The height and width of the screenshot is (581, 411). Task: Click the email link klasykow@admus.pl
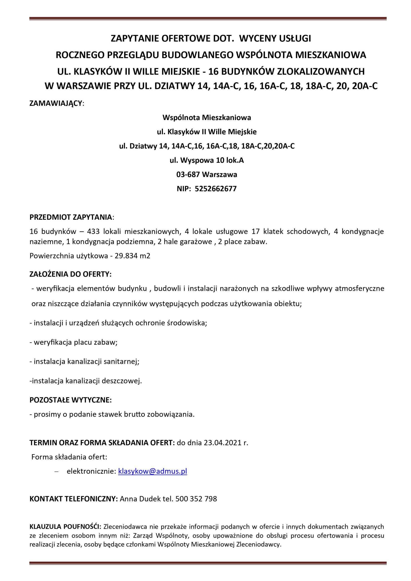152,471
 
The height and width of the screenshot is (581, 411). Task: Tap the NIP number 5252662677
215,189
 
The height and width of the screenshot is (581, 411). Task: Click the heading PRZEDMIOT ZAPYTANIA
71,217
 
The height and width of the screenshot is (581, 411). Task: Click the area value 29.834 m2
132,256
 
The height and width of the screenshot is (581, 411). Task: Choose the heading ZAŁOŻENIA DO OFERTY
70,274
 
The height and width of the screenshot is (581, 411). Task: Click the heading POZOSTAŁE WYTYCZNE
70,400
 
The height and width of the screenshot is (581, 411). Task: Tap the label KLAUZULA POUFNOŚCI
65,527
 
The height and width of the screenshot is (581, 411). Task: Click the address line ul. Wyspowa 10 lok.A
207,160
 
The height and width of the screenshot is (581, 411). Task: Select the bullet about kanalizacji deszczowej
86,381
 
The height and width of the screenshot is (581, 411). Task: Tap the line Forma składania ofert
69,457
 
